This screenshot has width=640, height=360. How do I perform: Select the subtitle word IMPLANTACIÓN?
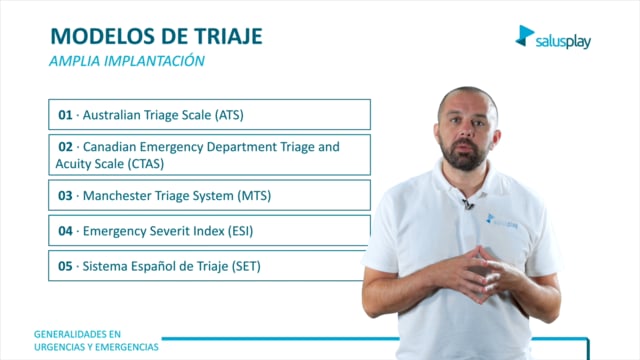[x=154, y=61]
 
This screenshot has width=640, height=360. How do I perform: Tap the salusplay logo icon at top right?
[x=524, y=36]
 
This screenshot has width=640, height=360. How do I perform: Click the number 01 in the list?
[x=65, y=115]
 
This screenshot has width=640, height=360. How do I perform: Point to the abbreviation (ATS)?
[x=229, y=115]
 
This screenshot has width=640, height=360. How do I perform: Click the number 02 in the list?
[x=65, y=147]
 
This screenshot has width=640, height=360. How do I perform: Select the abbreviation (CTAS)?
[x=146, y=164]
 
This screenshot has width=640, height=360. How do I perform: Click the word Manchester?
[x=113, y=196]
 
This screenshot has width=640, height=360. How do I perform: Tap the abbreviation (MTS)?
[x=254, y=196]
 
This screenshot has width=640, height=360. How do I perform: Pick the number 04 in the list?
[x=65, y=231]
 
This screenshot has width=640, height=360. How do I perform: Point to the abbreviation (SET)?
[x=246, y=267]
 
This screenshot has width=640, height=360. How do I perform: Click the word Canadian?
[x=109, y=147]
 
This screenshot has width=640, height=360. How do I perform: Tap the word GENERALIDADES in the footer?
[x=77, y=334]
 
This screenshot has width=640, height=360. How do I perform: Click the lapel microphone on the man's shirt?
[x=468, y=204]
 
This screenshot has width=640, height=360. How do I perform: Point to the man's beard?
[x=462, y=155]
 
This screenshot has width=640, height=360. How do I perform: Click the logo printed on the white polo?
[x=502, y=221]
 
